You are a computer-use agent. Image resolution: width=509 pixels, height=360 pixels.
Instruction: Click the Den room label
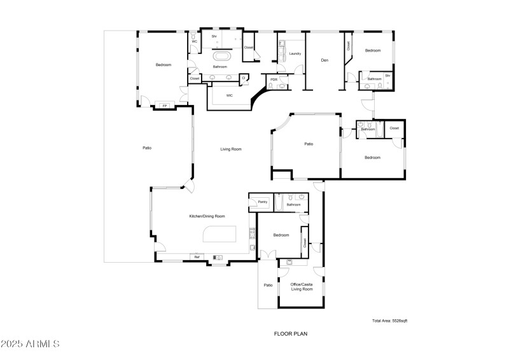324,60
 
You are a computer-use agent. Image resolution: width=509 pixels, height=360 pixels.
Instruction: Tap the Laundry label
295,53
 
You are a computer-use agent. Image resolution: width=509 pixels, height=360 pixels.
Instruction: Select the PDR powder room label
274,80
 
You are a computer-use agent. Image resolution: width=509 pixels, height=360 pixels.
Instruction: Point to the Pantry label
261,202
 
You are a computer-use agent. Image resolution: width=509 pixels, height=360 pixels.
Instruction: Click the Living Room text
231,149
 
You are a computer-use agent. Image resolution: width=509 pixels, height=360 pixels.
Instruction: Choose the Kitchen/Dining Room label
207,216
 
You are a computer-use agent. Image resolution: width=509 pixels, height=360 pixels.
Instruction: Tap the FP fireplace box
165,106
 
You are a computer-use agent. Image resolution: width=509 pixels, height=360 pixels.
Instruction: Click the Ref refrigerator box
197,257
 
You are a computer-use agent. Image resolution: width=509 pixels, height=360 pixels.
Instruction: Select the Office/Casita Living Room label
302,286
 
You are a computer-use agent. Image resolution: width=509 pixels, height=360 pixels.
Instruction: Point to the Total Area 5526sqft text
389,321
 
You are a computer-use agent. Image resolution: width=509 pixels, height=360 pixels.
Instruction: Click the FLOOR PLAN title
291,333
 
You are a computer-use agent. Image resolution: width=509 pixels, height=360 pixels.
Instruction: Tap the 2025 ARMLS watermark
31,344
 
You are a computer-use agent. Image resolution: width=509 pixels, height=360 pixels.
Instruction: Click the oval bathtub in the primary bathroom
220,57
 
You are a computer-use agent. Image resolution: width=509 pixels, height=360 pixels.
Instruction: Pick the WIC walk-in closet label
229,95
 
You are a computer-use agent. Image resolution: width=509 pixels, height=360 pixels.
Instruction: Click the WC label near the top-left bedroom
195,42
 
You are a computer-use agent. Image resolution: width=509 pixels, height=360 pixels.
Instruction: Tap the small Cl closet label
243,78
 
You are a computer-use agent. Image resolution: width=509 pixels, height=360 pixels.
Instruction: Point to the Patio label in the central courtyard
309,144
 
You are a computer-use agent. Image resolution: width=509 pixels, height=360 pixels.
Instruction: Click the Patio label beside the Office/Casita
268,285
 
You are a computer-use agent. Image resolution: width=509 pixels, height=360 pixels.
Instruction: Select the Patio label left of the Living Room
147,148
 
